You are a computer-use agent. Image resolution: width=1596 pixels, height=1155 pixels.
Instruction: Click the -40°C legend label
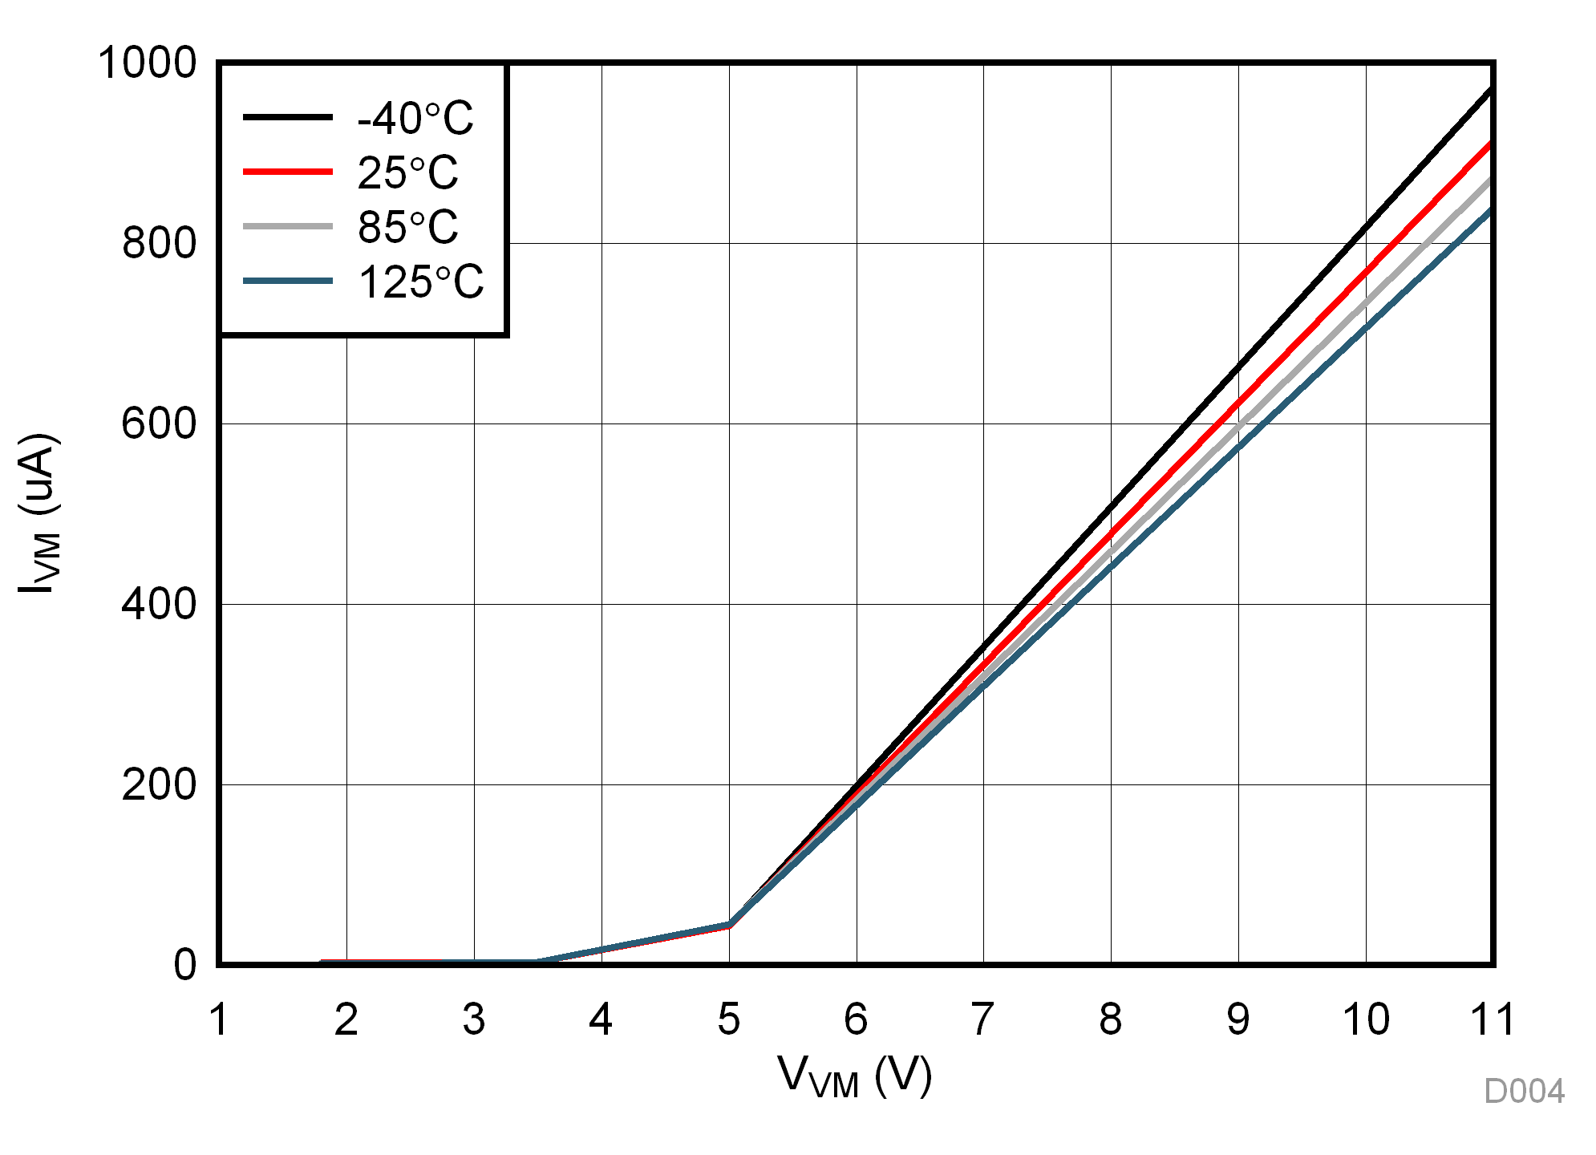tap(415, 119)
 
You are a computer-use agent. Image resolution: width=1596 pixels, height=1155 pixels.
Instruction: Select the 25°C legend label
tap(407, 172)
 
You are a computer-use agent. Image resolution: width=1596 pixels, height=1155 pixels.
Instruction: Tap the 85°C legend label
tap(407, 227)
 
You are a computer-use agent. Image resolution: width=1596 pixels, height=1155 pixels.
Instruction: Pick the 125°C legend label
tap(420, 282)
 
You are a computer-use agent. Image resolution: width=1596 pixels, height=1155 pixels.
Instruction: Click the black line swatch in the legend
tap(287, 117)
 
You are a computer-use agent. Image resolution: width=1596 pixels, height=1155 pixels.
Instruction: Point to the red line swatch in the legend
tap(287, 172)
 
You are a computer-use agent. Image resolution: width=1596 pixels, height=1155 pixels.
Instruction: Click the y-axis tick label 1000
tap(147, 63)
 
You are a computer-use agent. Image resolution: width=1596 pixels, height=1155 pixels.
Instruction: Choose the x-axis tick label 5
tap(728, 1019)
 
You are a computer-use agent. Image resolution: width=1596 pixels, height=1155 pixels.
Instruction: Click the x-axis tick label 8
tap(1111, 1019)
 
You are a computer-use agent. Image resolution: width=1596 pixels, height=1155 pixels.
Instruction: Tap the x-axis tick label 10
tap(1366, 1019)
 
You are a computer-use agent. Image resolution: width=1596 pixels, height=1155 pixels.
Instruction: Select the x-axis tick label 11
tap(1492, 1019)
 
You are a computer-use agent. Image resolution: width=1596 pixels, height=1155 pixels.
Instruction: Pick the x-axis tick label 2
tap(346, 1019)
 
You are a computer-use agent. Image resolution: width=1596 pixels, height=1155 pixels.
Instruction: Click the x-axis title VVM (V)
tap(854, 1076)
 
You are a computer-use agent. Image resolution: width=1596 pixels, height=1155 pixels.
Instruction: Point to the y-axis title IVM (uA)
tap(38, 513)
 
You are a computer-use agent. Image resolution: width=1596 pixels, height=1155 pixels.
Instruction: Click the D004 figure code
tap(1524, 1092)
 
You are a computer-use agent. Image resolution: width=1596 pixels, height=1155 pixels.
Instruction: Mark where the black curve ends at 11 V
tap(1490, 89)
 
